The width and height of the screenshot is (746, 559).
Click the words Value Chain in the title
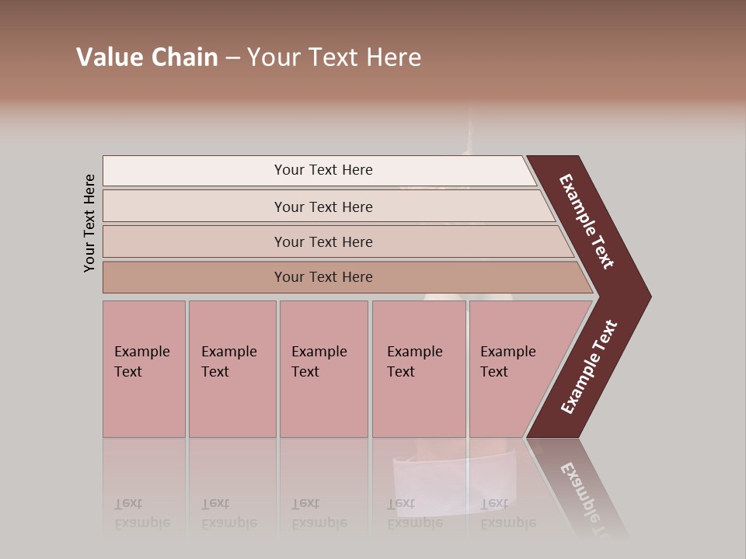coord(147,57)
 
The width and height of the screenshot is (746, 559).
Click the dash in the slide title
coord(232,58)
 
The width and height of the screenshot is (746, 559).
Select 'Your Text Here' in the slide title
coord(334,57)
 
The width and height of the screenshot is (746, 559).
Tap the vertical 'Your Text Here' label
coord(89,223)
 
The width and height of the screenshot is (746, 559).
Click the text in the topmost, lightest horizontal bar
coord(323,170)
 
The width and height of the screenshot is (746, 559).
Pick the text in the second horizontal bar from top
coord(323,207)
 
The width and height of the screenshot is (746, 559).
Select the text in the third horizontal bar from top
coord(323,241)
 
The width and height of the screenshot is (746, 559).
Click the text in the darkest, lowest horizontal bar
coord(323,276)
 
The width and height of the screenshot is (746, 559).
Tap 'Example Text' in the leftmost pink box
coord(141,362)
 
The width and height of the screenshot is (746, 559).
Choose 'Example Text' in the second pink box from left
coord(228,362)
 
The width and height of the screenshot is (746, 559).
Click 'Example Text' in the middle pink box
coord(319,362)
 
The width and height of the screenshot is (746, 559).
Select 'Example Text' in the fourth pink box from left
coord(414,362)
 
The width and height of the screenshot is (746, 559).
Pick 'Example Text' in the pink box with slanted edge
coord(507,362)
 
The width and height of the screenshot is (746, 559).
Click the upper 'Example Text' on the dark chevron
coord(587,221)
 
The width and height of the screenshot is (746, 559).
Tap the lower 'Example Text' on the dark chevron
coord(589,367)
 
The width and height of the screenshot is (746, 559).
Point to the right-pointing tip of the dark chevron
coord(648,297)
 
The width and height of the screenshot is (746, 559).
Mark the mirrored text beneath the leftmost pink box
coord(141,513)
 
